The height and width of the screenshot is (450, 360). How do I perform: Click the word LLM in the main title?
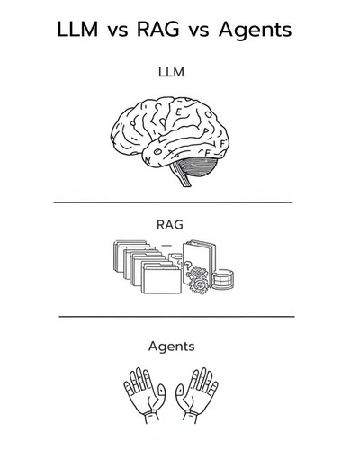(x=77, y=30)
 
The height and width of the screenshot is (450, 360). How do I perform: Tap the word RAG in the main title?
(x=158, y=30)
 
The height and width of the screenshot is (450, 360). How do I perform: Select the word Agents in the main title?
(x=255, y=31)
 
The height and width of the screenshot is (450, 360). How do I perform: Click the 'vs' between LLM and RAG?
(x=118, y=31)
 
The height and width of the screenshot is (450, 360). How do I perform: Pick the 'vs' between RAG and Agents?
(x=199, y=31)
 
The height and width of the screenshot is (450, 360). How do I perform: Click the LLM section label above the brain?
(x=171, y=72)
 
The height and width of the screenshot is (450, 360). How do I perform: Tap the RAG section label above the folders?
(x=170, y=224)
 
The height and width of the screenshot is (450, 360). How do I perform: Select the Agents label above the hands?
(x=172, y=346)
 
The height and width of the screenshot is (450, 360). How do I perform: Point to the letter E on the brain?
(x=178, y=112)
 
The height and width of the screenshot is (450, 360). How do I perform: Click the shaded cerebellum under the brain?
(x=198, y=167)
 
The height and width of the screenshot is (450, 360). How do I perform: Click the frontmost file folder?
(x=162, y=281)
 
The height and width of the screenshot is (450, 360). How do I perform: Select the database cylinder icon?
(x=223, y=279)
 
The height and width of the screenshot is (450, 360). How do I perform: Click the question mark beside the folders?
(x=188, y=265)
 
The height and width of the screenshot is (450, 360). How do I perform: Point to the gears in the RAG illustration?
(x=198, y=280)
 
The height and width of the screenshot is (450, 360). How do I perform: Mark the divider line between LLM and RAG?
(x=173, y=202)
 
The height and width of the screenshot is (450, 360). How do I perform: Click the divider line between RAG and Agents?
(x=176, y=316)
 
